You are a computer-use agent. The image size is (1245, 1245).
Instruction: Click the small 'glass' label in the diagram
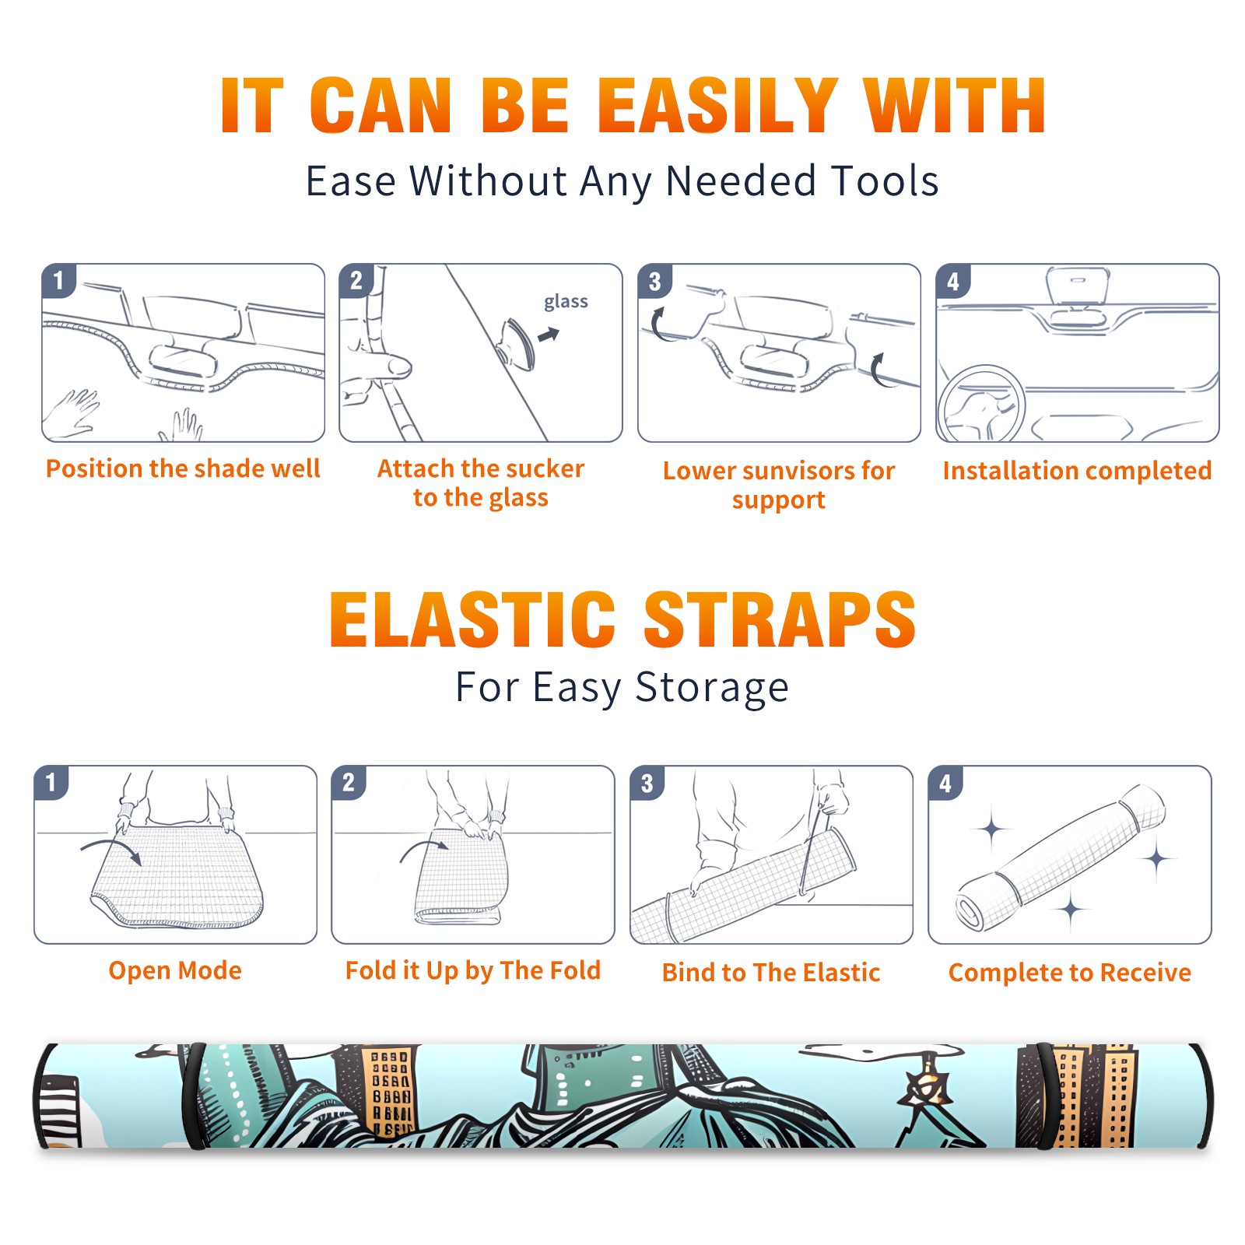click(566, 302)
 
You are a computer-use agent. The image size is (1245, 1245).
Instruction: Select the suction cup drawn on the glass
click(517, 344)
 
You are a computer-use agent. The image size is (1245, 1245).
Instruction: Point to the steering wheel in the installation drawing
click(981, 405)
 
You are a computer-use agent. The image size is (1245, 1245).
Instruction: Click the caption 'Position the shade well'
click(183, 468)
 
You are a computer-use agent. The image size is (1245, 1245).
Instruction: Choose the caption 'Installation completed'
click(1077, 471)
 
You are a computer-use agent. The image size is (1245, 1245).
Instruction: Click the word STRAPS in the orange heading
click(780, 619)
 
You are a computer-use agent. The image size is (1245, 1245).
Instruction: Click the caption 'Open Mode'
click(175, 970)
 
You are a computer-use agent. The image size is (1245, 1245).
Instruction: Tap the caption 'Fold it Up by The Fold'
click(473, 971)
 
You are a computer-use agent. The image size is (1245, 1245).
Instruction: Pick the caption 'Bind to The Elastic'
click(771, 973)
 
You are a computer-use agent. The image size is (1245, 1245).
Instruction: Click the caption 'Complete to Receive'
click(1070, 973)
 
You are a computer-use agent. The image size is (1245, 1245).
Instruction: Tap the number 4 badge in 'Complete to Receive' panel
click(945, 783)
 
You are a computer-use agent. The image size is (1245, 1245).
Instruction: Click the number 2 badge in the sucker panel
click(356, 280)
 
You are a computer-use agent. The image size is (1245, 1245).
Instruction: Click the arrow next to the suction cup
click(549, 335)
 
